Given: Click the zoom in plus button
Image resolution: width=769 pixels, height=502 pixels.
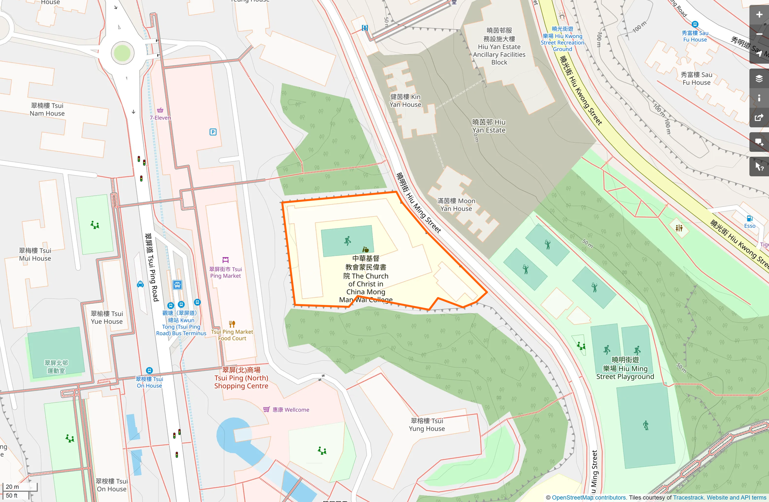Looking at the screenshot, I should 759,15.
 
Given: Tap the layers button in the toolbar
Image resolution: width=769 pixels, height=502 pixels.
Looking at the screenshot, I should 759,79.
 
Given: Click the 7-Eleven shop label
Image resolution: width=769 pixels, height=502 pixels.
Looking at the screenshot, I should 160,118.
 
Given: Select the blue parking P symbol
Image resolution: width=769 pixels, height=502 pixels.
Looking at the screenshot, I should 213,132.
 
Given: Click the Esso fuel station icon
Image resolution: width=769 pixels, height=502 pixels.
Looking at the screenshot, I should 749,219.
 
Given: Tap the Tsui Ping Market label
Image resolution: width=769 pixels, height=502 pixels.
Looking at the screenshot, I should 225,272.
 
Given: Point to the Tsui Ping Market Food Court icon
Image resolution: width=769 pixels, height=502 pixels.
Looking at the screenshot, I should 232,324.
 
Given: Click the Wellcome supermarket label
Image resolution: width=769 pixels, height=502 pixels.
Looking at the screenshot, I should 290,409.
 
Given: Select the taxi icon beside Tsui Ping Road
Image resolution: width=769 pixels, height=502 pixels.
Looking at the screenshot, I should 140,284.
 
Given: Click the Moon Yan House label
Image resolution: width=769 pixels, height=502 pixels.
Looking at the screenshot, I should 456,204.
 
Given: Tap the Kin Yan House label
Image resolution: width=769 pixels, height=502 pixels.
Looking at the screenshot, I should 405,100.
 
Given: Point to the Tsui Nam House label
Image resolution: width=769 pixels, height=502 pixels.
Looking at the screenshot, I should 47,109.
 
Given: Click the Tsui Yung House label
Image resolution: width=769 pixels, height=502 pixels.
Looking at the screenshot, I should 427,424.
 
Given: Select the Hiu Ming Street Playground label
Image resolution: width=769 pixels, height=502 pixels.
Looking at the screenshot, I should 625,368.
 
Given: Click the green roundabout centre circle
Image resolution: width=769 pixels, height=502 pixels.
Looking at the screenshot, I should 122,53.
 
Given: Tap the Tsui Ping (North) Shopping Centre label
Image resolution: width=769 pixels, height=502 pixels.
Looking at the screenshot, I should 241,378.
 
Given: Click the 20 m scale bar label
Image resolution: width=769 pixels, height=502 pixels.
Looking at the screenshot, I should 12,486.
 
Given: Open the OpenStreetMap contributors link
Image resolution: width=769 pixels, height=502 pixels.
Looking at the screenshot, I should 589,498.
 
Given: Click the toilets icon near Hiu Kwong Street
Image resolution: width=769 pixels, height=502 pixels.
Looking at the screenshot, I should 679,228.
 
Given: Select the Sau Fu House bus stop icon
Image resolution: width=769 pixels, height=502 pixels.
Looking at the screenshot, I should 695,24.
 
